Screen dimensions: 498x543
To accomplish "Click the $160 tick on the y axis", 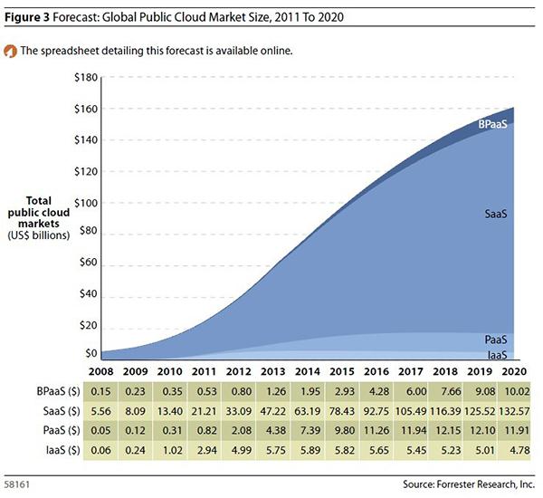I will pos(85,109).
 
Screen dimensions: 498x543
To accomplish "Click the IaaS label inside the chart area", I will pos(496,354).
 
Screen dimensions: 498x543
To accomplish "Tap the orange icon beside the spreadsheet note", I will pos(10,51).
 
